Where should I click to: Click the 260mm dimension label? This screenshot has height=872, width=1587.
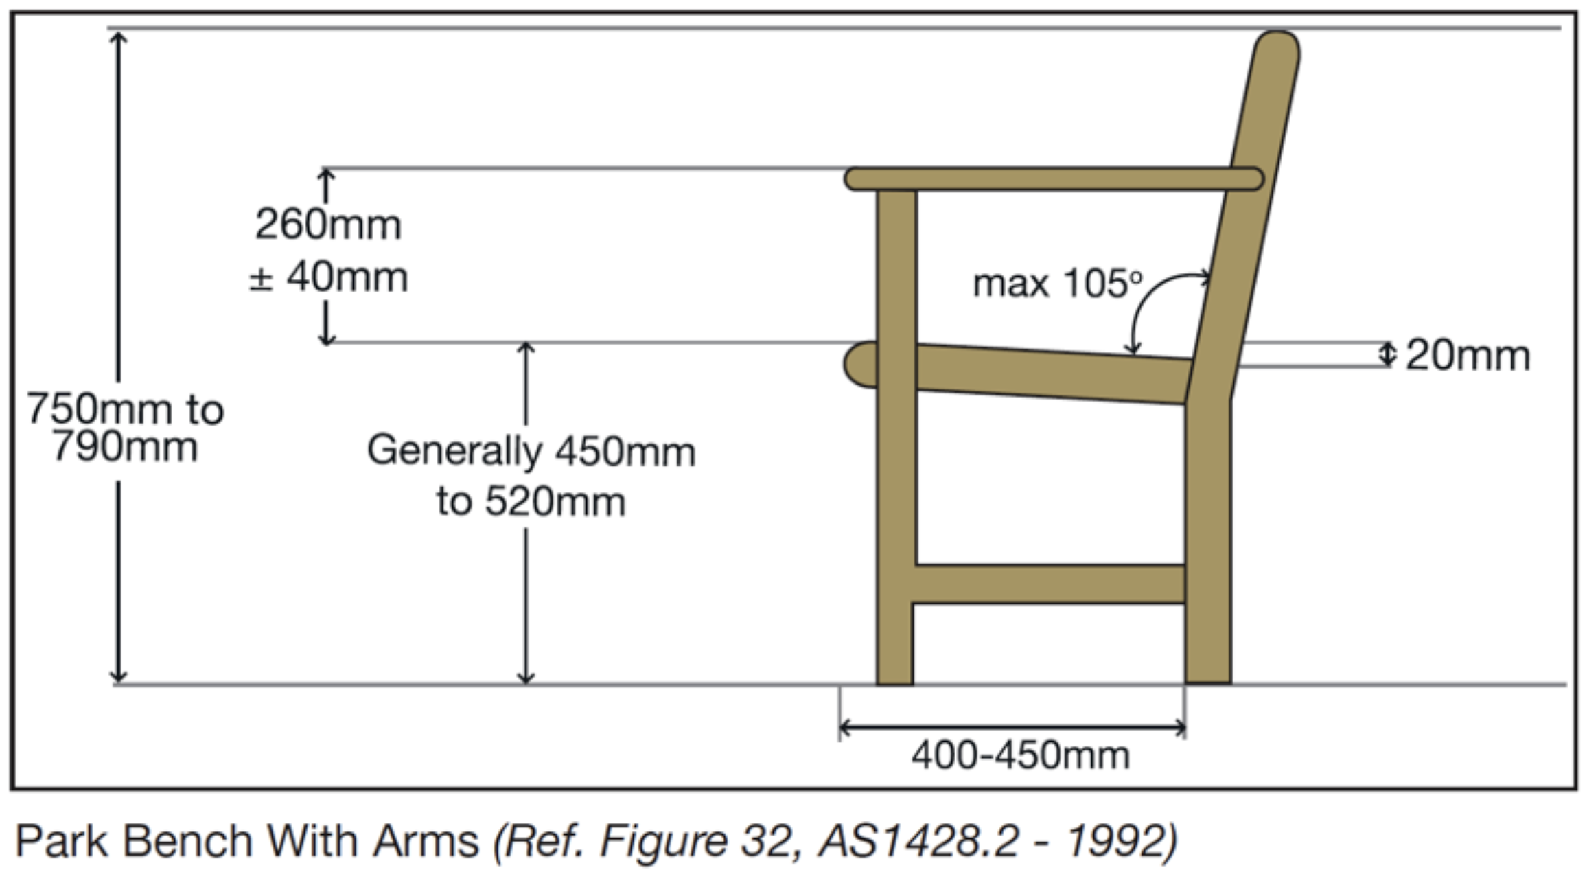click(x=328, y=225)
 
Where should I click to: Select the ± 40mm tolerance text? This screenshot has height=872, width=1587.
click(x=328, y=277)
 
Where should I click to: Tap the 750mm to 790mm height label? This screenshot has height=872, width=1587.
click(x=125, y=428)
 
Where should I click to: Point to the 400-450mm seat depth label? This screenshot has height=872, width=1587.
click(x=1020, y=756)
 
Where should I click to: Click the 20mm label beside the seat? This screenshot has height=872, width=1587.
click(x=1468, y=356)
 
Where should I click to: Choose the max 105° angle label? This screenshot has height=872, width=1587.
click(x=1058, y=283)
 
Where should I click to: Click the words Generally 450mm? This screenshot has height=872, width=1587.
click(x=531, y=452)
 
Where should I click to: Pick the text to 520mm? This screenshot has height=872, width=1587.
click(x=531, y=501)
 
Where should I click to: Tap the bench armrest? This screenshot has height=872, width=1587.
click(x=1054, y=179)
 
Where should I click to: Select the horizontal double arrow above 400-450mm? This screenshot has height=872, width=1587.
click(x=1012, y=728)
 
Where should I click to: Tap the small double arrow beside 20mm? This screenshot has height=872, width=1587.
click(x=1388, y=354)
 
